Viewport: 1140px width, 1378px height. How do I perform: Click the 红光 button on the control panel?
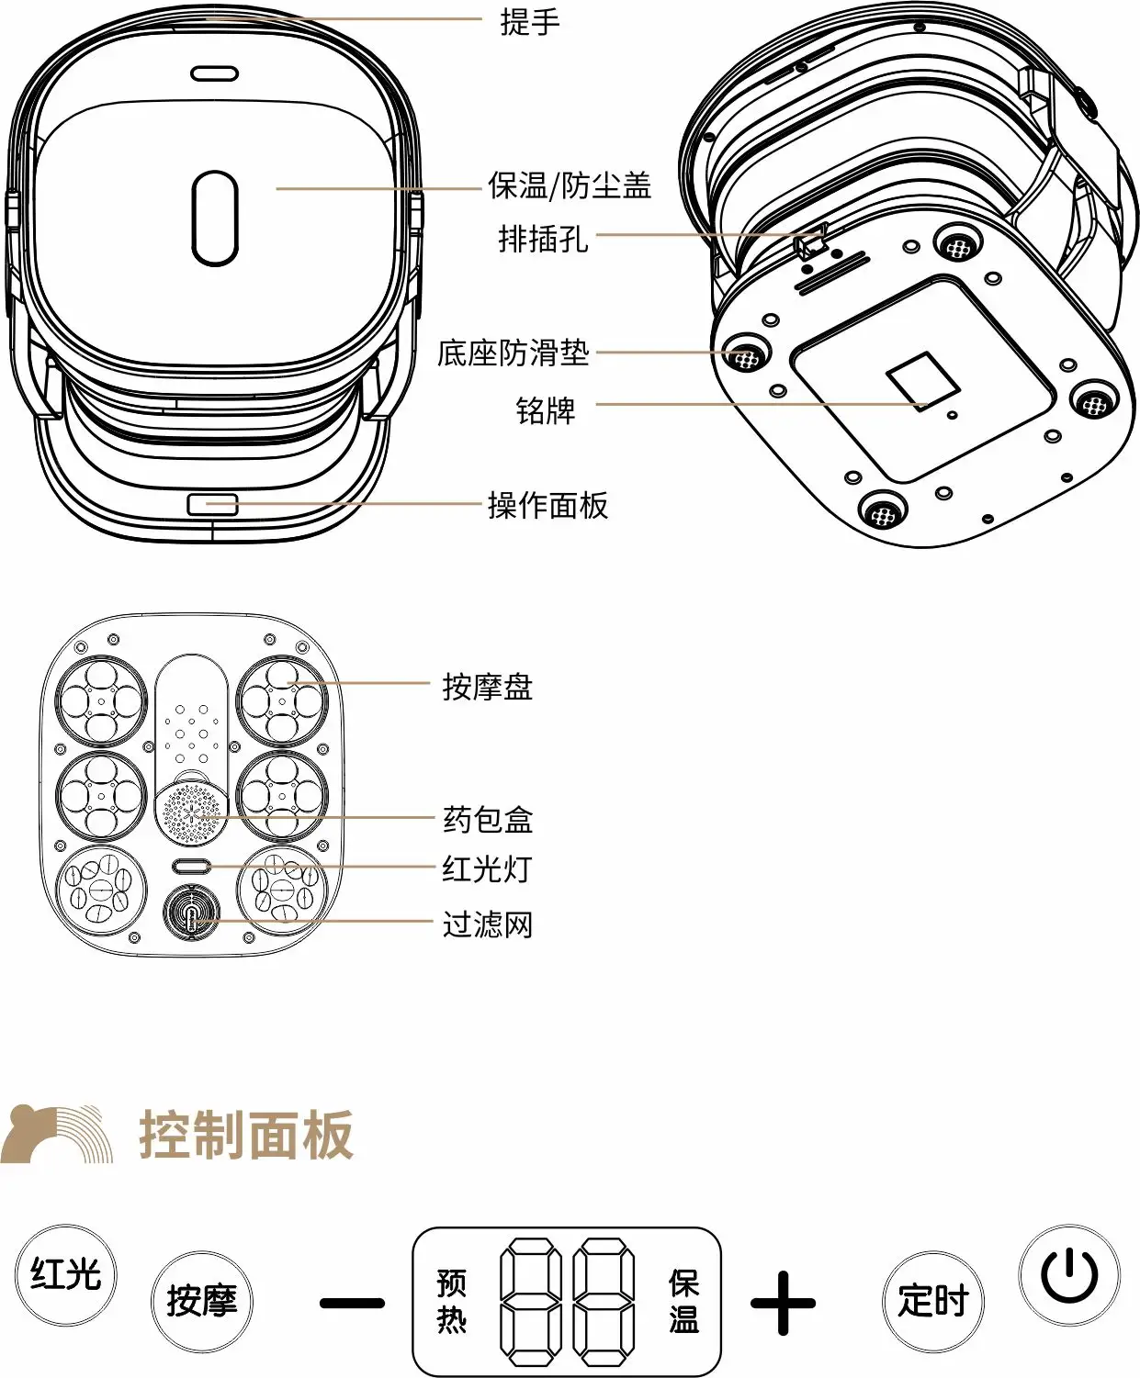point(65,1274)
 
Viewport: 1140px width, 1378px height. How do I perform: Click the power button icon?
point(1069,1274)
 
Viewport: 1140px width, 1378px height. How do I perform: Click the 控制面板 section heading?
point(245,1134)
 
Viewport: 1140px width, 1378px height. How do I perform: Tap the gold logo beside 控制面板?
point(57,1133)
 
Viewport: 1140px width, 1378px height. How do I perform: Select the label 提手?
point(530,22)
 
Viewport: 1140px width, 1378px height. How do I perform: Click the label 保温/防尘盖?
point(570,185)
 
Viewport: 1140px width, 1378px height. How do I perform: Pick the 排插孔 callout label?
point(543,239)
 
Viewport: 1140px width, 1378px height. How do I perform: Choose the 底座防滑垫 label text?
point(513,353)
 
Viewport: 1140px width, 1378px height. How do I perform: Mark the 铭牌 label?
point(546,410)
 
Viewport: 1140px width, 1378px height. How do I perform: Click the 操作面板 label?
point(547,506)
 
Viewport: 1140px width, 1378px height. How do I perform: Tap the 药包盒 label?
point(488,820)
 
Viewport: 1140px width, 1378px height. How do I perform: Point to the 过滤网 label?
point(488,924)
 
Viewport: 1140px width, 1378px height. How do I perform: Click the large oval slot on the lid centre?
point(215,218)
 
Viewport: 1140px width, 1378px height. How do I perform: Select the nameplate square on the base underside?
point(922,381)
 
